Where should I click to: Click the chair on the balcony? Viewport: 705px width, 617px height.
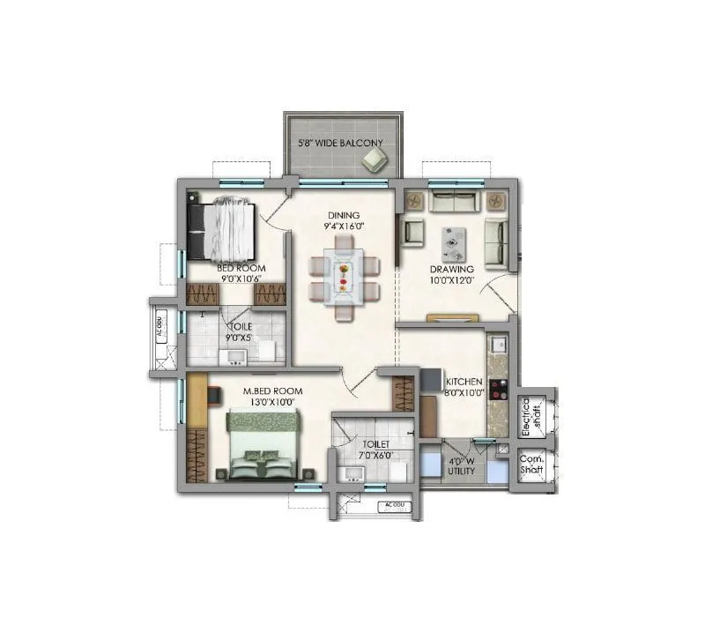coord(374,159)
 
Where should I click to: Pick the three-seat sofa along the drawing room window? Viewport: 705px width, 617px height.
coord(455,200)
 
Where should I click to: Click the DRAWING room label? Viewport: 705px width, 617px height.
coord(452,270)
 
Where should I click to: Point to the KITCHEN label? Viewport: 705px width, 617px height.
coord(464,382)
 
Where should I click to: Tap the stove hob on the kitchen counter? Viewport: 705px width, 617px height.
coord(497,389)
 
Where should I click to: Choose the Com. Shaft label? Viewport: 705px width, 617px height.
coord(531,464)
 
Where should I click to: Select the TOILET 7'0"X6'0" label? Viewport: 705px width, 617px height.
coord(374,450)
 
